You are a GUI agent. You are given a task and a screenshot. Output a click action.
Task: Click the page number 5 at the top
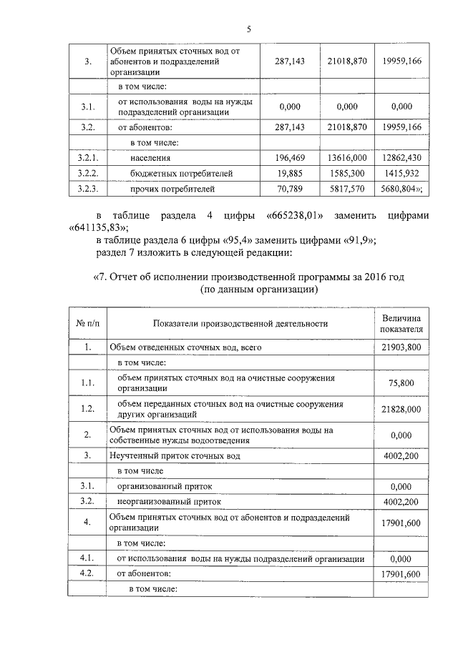[248, 29]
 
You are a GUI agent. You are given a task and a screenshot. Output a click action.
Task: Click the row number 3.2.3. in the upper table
[87, 189]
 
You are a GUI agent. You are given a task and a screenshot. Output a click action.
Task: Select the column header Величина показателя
[401, 323]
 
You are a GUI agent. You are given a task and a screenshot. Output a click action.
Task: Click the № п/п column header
[87, 324]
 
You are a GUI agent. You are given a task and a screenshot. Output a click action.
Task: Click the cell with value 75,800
[401, 383]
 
